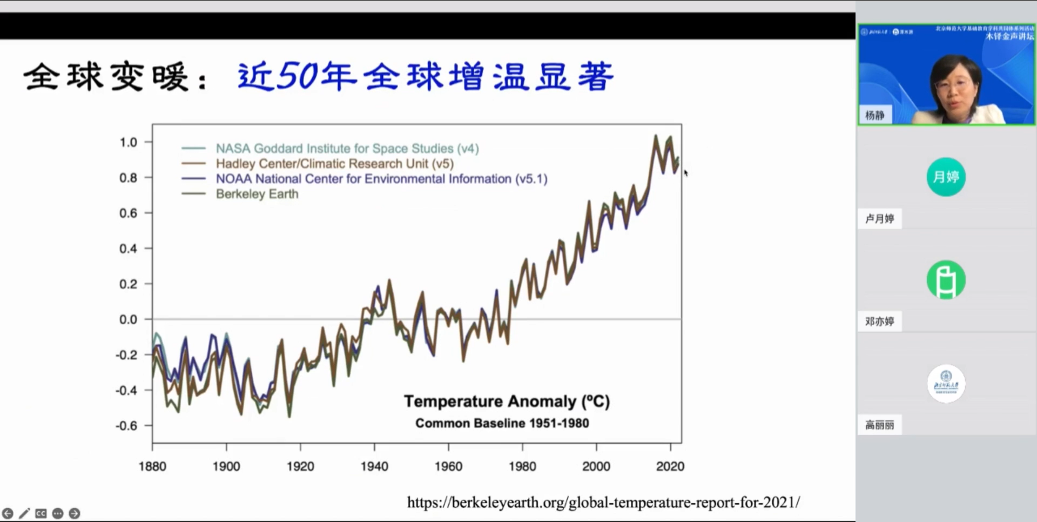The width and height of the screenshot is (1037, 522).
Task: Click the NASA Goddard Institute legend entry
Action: click(x=347, y=149)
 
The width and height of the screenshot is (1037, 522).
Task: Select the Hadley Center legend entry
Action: click(x=334, y=164)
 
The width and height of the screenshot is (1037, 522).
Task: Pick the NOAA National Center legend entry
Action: click(x=381, y=179)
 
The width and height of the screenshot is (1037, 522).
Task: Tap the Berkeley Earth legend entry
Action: click(x=257, y=194)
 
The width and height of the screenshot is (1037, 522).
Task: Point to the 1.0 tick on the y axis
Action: click(x=129, y=143)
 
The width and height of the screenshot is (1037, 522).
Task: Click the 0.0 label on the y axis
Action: click(x=129, y=319)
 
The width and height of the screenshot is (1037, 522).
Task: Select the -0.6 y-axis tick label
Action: click(x=127, y=426)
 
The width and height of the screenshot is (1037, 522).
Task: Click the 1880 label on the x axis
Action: click(x=152, y=466)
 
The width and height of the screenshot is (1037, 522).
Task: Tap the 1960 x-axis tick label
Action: click(x=448, y=466)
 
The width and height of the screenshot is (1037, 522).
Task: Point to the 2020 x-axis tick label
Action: click(x=670, y=466)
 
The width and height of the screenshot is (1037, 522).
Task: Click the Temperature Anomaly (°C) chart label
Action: click(x=507, y=401)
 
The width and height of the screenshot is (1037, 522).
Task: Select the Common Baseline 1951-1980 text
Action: click(x=502, y=423)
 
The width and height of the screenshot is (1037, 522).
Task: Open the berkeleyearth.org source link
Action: click(x=603, y=503)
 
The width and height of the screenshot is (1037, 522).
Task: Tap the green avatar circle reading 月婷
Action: click(x=946, y=177)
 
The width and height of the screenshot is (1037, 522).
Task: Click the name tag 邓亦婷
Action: click(x=879, y=322)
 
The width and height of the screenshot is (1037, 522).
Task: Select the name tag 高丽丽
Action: click(x=879, y=425)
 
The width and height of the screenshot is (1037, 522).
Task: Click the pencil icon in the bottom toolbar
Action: click(x=24, y=513)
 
